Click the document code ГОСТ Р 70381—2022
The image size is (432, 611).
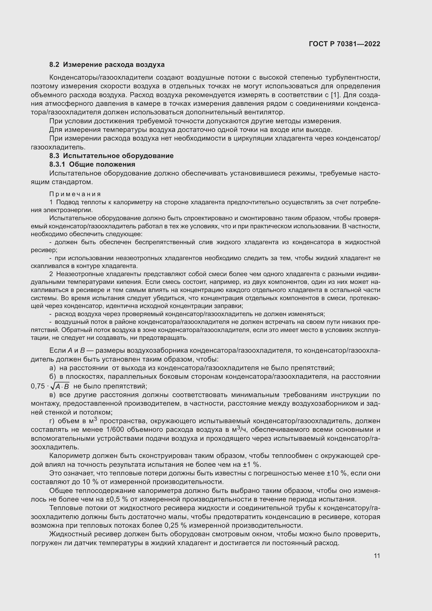coord(345,44)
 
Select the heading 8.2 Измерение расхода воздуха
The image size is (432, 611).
coord(107,65)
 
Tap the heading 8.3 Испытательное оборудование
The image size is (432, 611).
coord(112,156)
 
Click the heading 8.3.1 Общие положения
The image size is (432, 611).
coord(92,165)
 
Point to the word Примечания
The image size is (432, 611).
coord(75,194)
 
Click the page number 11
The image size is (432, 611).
coord(377,556)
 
